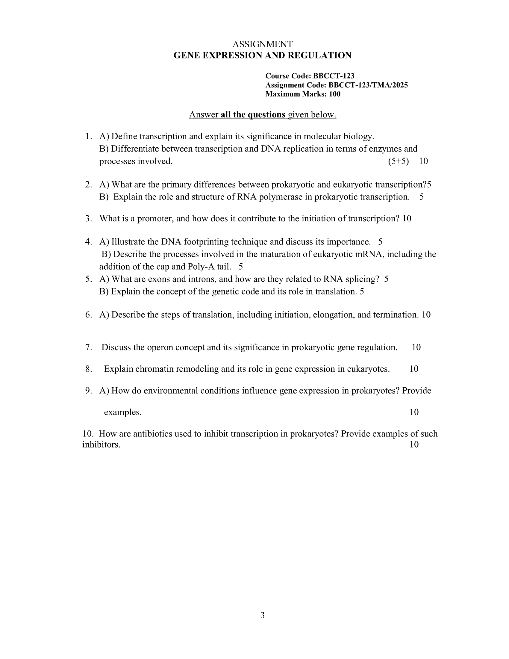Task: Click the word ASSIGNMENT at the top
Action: point(262,44)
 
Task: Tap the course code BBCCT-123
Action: point(334,76)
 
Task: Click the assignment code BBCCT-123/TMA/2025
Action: point(368,85)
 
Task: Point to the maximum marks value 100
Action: point(335,94)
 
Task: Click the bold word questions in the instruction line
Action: point(266,115)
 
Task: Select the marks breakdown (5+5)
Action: point(398,161)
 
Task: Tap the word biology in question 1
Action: point(359,136)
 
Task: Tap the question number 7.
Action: point(88,347)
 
